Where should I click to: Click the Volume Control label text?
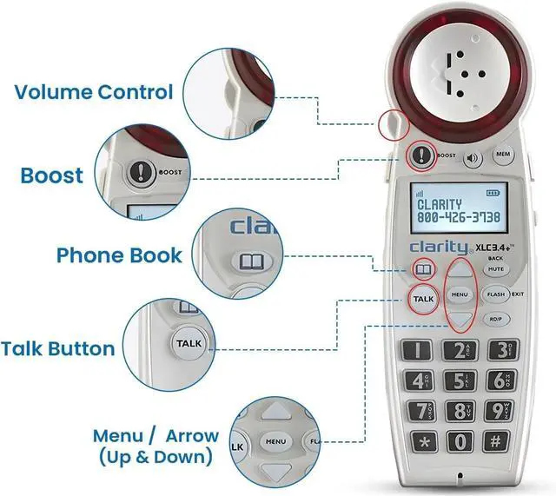click(94, 92)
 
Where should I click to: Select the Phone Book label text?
click(119, 255)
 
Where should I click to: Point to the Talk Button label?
click(57, 349)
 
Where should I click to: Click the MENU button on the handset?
click(460, 294)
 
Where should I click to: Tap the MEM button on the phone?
click(502, 155)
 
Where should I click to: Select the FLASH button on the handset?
click(496, 294)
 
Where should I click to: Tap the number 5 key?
click(459, 380)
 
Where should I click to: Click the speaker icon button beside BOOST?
click(473, 159)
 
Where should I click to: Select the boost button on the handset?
click(421, 156)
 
